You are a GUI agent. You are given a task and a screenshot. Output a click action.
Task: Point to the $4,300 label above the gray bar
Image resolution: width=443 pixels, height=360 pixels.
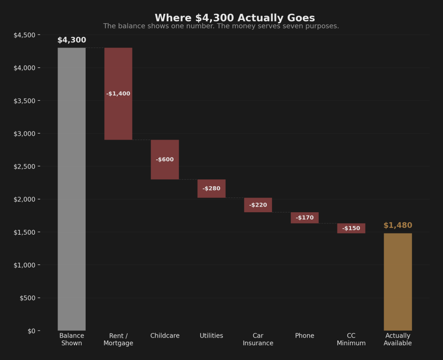coord(71,40)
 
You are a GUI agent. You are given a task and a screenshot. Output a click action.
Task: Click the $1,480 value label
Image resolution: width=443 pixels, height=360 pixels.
coord(398,226)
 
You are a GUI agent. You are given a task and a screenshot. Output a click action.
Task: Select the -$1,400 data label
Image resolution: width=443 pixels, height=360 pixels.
coord(118,94)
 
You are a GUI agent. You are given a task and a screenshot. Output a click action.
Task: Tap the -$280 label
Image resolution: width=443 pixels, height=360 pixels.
coord(212,188)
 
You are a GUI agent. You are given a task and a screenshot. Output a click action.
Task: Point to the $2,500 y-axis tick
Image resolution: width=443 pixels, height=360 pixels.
coord(27,166)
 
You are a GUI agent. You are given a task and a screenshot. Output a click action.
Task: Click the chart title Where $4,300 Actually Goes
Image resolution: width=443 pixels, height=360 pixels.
coord(234,18)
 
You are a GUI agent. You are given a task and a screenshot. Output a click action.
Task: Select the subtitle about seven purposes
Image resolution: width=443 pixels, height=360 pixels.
coord(221,26)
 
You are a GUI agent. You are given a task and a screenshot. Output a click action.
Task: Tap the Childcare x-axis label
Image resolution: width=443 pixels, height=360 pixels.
coord(165,336)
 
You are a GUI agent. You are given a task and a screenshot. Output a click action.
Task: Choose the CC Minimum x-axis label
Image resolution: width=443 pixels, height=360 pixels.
coord(351,339)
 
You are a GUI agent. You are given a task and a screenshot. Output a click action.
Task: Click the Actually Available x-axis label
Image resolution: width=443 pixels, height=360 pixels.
coord(398,339)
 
